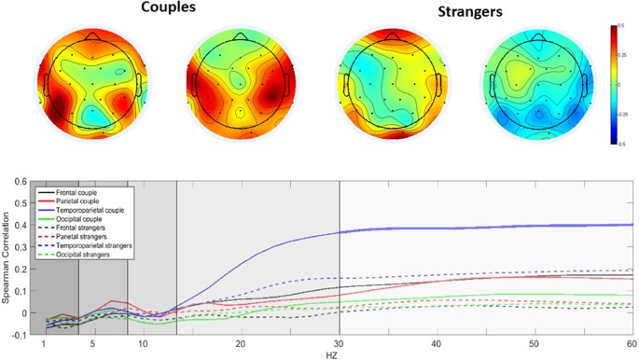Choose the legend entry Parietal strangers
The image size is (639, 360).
tap(82, 236)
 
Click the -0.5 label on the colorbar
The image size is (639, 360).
tap(618, 144)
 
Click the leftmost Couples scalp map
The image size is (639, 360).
tap(90, 85)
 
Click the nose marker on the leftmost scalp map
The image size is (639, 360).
tap(90, 35)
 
